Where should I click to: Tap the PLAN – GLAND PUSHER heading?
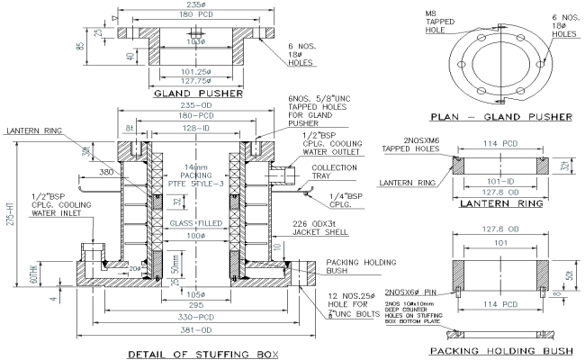(x=500, y=116)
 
